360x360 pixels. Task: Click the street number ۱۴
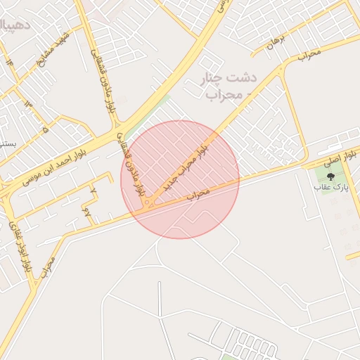pos(10,63)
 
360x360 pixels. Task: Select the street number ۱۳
pos(28,105)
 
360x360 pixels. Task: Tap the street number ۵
pos(46,129)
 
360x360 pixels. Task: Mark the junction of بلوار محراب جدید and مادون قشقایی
pos(148,205)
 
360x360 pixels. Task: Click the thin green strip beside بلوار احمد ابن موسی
pos(157,105)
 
